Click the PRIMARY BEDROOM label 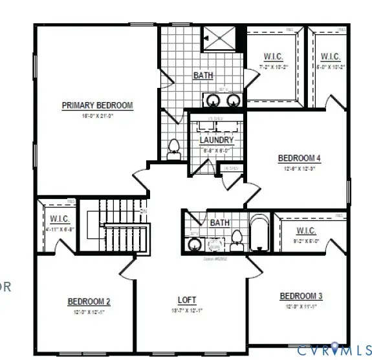coord(97,105)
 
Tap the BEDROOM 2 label coord(89,301)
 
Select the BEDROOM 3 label coord(301,296)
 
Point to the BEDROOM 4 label coord(299,158)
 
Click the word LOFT coord(186,301)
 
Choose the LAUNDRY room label coord(216,140)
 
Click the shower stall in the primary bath coord(220,40)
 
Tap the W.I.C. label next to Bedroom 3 coord(306,231)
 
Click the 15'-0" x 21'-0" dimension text coord(97,116)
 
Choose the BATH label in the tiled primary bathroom coord(203,76)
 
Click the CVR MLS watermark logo coord(333,350)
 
